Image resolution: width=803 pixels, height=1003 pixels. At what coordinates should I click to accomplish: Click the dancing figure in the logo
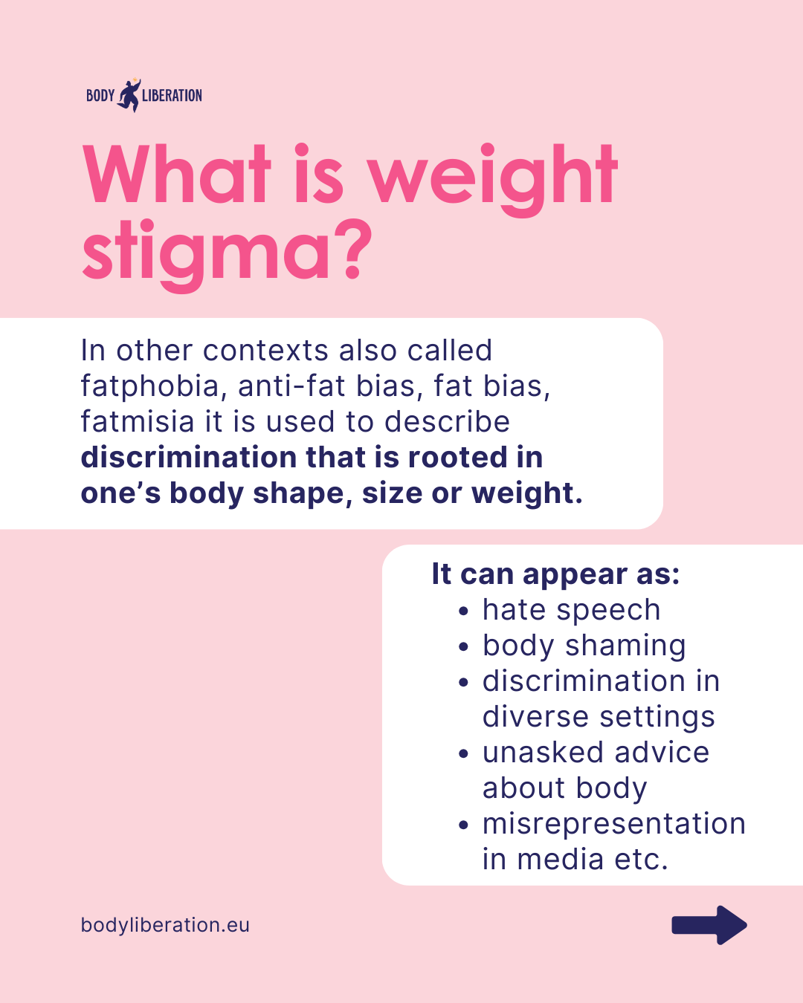click(x=129, y=96)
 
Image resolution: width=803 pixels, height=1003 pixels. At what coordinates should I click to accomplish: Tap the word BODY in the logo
click(x=100, y=96)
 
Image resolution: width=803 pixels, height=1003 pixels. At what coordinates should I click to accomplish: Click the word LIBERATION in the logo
click(x=172, y=96)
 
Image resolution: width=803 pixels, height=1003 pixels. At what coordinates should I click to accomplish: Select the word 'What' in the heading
click(x=176, y=175)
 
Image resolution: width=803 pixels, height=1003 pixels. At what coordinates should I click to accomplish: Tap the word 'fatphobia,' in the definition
click(x=153, y=387)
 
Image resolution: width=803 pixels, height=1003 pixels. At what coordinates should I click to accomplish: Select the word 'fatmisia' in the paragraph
click(x=137, y=421)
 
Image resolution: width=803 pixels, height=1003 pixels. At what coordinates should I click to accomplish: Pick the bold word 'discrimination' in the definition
click(x=189, y=457)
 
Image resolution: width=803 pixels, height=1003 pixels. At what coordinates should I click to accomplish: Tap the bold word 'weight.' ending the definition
click(x=526, y=493)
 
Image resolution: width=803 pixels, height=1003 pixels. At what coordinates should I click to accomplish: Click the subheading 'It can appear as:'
click(x=555, y=574)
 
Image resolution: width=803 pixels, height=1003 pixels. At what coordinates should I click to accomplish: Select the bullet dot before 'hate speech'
click(x=463, y=611)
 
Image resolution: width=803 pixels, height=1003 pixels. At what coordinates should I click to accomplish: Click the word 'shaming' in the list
click(x=625, y=646)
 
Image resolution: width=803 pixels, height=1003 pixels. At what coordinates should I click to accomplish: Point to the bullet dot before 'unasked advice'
click(x=463, y=753)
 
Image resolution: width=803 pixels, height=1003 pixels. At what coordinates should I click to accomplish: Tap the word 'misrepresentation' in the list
click(x=613, y=825)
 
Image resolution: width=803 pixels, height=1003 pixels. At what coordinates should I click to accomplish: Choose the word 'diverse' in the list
click(x=535, y=717)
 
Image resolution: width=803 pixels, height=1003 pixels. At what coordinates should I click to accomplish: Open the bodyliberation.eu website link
click(x=165, y=925)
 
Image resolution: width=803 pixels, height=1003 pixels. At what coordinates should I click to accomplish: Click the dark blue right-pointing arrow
click(x=709, y=925)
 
